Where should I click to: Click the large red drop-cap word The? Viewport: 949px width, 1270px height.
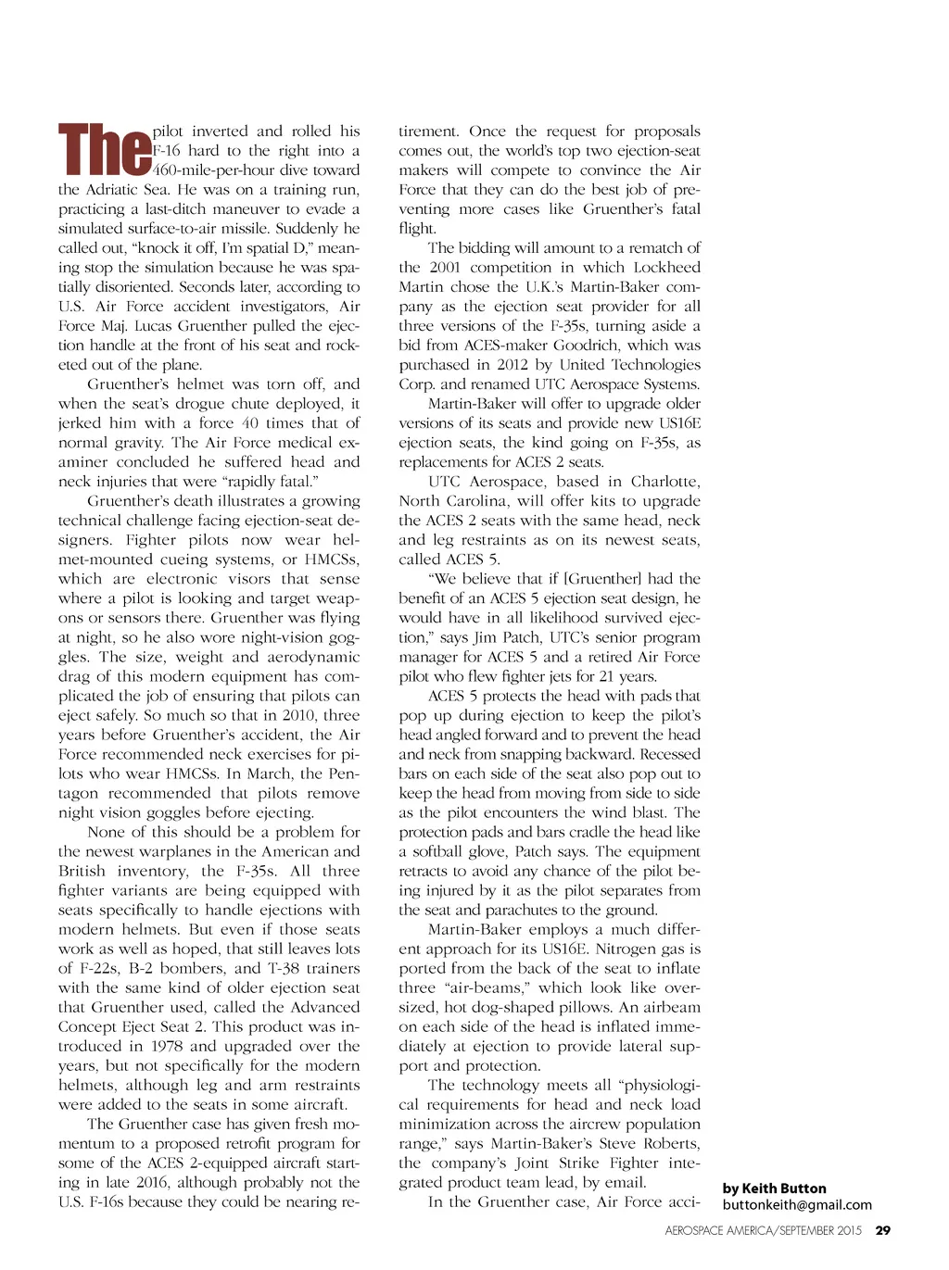pos(105,149)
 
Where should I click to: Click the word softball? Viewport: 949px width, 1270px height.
pos(441,851)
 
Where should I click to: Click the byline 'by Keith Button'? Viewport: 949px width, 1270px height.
pos(774,1188)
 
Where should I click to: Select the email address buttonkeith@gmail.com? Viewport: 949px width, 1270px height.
pos(797,1205)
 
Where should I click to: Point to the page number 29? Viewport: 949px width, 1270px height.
pos(883,1230)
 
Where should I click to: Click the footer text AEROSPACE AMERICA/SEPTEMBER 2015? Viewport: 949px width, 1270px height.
pos(763,1231)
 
